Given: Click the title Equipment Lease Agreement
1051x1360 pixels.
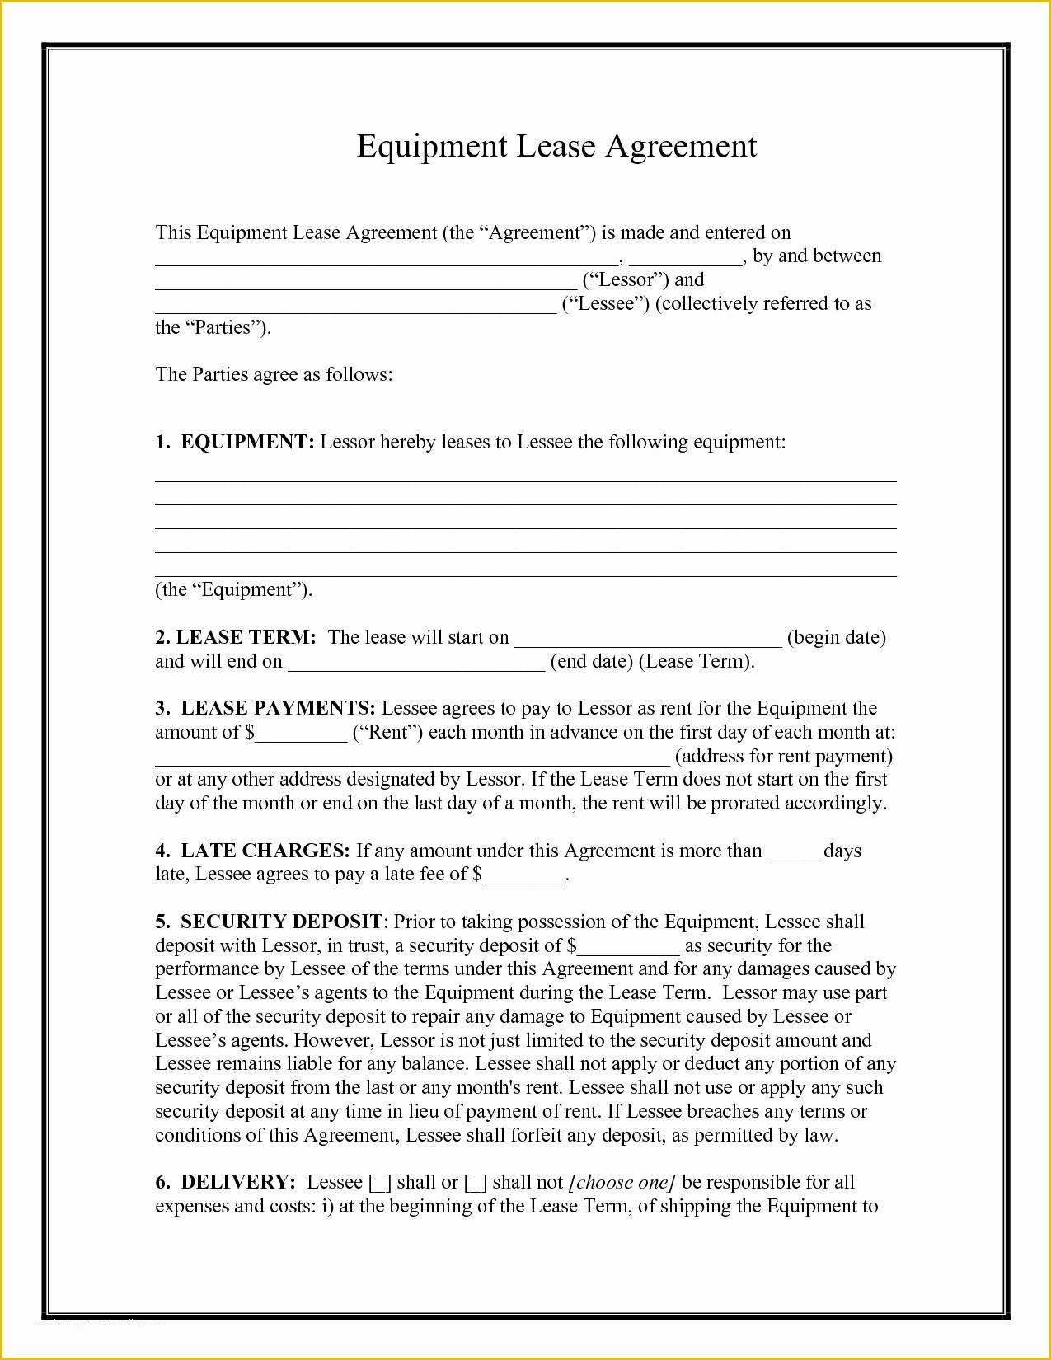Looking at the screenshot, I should tap(556, 146).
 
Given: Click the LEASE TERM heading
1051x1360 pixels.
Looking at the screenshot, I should tap(246, 637).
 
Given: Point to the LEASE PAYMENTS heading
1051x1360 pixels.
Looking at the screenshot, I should tap(278, 709).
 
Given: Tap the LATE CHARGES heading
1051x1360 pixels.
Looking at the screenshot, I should tap(265, 851).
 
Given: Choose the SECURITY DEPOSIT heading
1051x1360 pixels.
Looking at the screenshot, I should tap(281, 922).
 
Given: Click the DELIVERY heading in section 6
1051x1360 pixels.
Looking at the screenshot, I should tap(237, 1183).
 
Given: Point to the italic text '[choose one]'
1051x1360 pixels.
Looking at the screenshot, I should tap(622, 1183).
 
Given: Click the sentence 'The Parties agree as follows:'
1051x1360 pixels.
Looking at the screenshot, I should tap(274, 375).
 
